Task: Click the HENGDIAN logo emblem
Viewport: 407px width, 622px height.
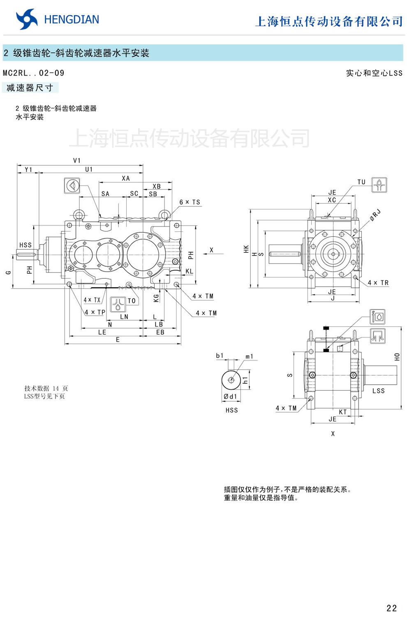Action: click(27, 19)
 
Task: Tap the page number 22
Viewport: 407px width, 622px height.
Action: click(391, 608)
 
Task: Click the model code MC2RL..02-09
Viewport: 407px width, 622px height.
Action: click(34, 73)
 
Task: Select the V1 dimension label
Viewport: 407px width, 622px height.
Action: click(77, 160)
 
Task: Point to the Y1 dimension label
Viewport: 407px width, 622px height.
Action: click(28, 169)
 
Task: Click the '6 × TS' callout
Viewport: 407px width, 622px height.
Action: click(190, 202)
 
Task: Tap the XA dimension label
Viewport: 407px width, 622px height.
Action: click(126, 178)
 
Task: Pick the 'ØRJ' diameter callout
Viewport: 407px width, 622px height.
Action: click(375, 215)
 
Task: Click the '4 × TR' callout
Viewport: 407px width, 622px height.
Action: click(378, 283)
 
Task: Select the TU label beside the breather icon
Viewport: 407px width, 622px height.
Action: click(361, 182)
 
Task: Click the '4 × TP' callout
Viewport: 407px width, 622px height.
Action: click(95, 312)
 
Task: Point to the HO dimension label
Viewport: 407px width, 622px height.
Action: click(397, 357)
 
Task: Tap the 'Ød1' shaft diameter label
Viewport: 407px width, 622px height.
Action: click(230, 397)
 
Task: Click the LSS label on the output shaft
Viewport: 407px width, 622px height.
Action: click(379, 391)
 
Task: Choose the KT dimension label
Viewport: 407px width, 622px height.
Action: click(343, 412)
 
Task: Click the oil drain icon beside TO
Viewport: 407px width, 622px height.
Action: click(118, 304)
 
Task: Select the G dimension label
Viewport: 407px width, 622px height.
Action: click(9, 272)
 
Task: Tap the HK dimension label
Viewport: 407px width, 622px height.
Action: click(246, 249)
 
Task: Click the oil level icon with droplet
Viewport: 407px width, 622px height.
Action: click(377, 317)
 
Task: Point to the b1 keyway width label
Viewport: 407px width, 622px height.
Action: click(220, 356)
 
